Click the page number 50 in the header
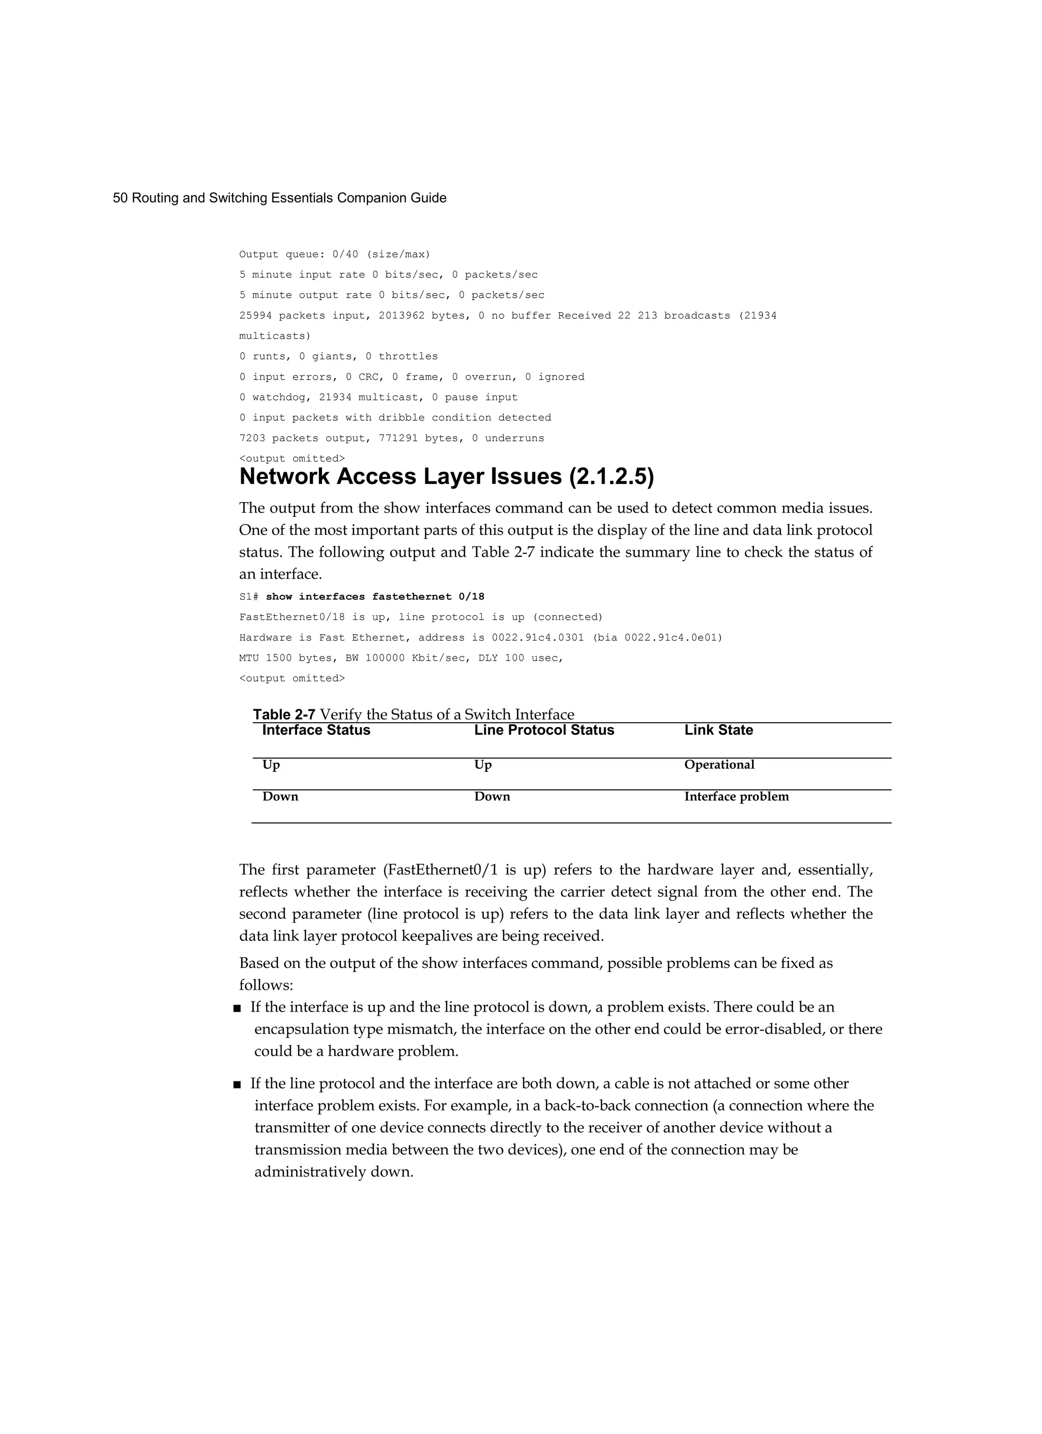tap(120, 198)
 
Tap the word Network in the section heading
tap(284, 477)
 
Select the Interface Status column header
tap(316, 730)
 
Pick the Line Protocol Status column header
tap(544, 730)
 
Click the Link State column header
tap(718, 730)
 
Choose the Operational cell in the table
tap(719, 764)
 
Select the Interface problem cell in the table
tap(736, 797)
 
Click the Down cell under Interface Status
tap(280, 797)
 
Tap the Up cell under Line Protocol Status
tap(482, 764)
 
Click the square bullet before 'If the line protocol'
tap(237, 1084)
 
